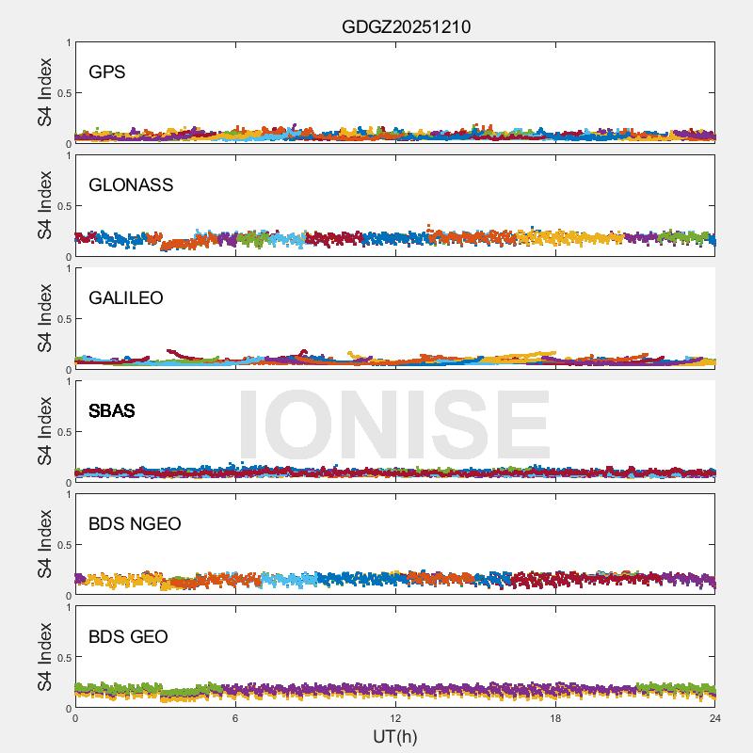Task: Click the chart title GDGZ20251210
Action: (406, 27)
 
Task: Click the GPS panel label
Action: (107, 72)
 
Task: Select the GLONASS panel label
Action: (131, 184)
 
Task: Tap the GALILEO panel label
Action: (126, 297)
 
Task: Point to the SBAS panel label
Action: (112, 410)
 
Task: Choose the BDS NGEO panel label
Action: (135, 523)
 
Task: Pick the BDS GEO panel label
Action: (128, 636)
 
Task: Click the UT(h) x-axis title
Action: (395, 735)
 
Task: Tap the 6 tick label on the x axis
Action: (235, 718)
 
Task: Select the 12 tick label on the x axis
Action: (395, 718)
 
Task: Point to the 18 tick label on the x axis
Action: (555, 718)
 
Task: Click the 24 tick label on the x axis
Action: (715, 718)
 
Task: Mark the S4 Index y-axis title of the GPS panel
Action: (45, 92)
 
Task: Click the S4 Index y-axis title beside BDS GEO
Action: (45, 657)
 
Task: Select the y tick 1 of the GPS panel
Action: (67, 42)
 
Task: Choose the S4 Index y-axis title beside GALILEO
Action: (45, 318)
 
